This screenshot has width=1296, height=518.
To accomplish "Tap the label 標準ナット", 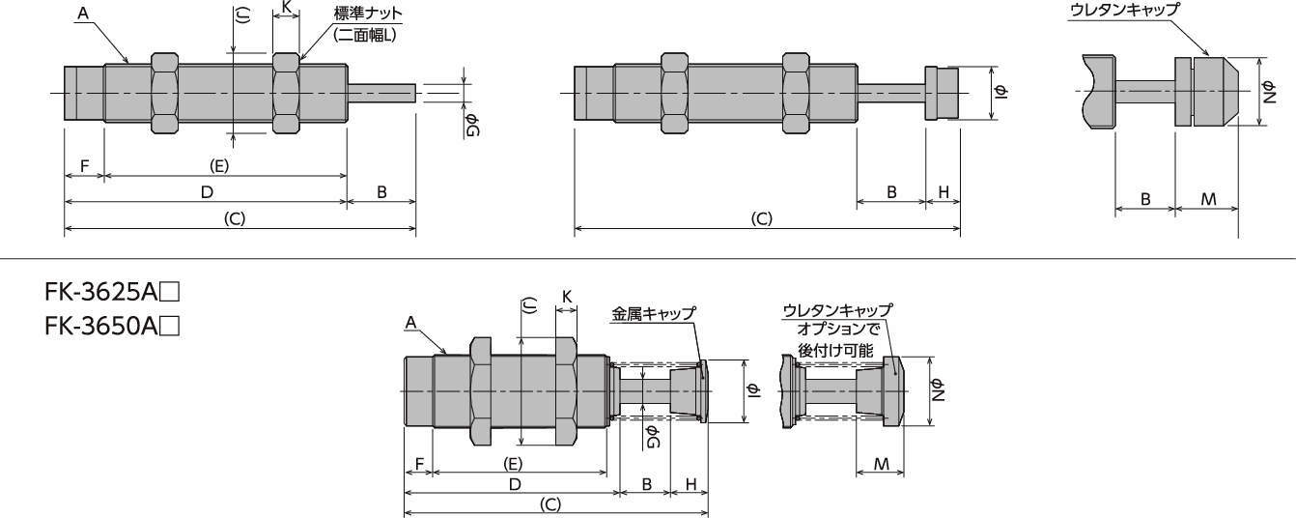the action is tap(368, 14).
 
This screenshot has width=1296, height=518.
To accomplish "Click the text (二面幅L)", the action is tap(365, 36).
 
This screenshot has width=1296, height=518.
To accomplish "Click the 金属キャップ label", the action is tap(654, 314).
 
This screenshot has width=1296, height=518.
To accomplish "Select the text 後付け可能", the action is tap(835, 351).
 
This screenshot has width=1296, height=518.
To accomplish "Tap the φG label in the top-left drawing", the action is tap(472, 125).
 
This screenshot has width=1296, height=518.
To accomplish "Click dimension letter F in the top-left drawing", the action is tap(84, 166).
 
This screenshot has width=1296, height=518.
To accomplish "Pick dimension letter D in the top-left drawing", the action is tap(207, 192).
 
